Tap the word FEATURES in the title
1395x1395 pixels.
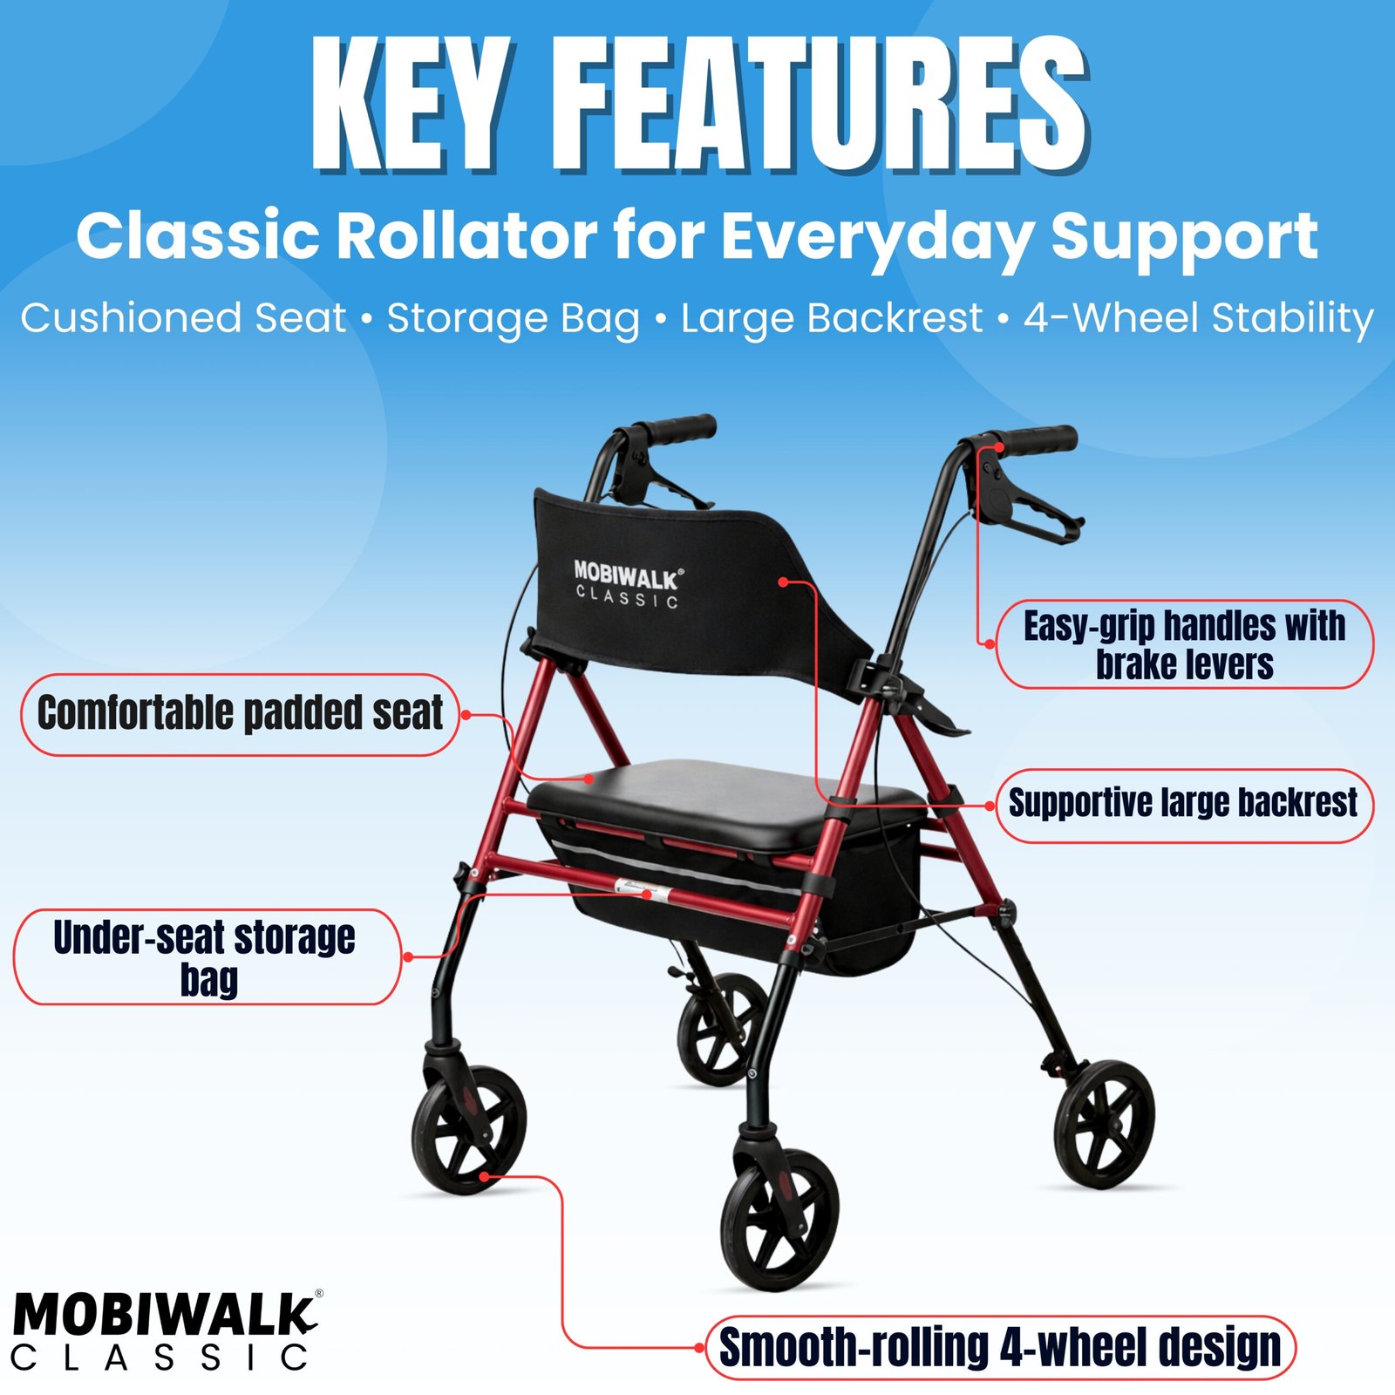(x=820, y=104)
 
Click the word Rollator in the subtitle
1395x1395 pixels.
(x=466, y=235)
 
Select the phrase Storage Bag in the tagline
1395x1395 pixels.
(x=514, y=319)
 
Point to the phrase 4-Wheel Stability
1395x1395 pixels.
(x=1199, y=318)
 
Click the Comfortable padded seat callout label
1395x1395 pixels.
(x=240, y=714)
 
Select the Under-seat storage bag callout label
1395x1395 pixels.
(x=207, y=956)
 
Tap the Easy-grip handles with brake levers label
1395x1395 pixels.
(x=1184, y=644)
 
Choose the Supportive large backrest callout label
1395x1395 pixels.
(x=1183, y=804)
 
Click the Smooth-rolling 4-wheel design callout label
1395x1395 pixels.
(x=1000, y=1347)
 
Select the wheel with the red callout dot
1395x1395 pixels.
(x=469, y=1129)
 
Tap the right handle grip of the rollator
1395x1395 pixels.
(x=1034, y=439)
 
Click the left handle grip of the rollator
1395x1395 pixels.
(x=676, y=429)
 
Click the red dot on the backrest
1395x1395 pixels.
(x=783, y=582)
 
